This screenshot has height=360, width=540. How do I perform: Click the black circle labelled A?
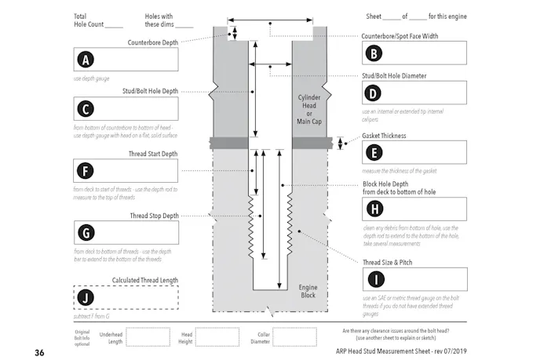pyautogui.click(x=85, y=60)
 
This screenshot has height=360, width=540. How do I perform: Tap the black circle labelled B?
pyautogui.click(x=374, y=53)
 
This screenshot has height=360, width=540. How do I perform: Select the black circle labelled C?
pyautogui.click(x=85, y=109)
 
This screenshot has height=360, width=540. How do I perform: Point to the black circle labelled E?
pyautogui.click(x=374, y=153)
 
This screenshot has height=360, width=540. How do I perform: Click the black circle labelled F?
pyautogui.click(x=85, y=170)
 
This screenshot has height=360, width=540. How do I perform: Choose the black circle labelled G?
pyautogui.click(x=85, y=232)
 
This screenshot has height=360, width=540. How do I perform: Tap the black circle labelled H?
pyautogui.click(x=374, y=209)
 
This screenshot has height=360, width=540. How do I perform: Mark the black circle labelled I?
pyautogui.click(x=374, y=279)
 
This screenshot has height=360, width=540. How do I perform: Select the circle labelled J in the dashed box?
pyautogui.click(x=85, y=297)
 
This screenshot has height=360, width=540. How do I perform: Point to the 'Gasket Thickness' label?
pyautogui.click(x=385, y=136)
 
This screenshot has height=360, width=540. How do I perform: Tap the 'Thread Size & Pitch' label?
pyautogui.click(x=388, y=262)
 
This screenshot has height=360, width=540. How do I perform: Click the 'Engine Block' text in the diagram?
pyautogui.click(x=308, y=292)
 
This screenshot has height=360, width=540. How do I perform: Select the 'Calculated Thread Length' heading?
pyautogui.click(x=145, y=280)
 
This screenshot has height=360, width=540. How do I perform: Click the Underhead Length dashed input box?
pyautogui.click(x=147, y=337)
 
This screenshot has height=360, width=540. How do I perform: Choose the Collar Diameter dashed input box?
pyautogui.click(x=294, y=337)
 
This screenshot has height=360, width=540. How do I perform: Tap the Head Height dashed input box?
pyautogui.click(x=216, y=337)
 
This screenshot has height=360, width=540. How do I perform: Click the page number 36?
pyautogui.click(x=39, y=353)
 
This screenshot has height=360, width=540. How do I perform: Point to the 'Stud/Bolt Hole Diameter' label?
pyautogui.click(x=394, y=76)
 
